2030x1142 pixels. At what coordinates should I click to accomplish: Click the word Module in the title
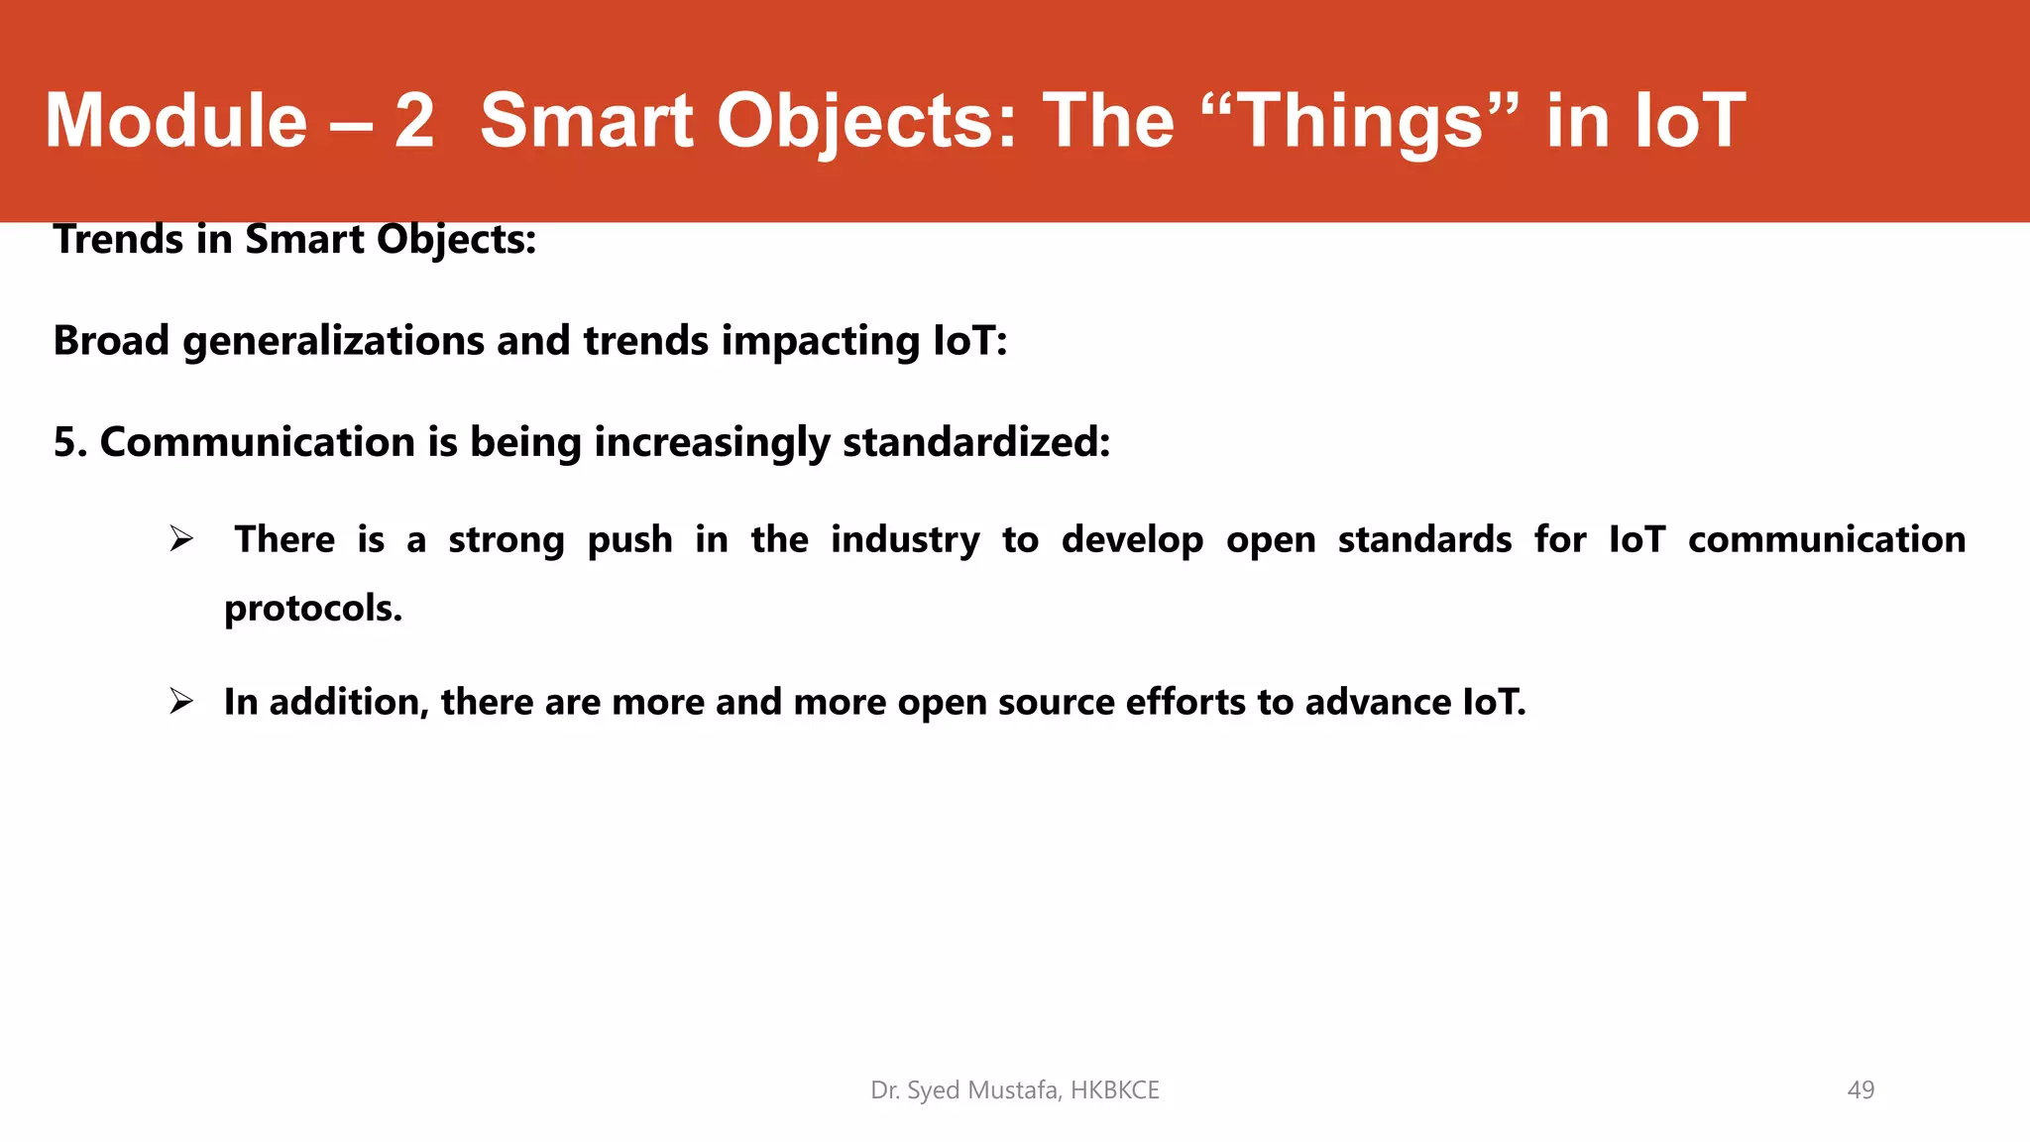176,121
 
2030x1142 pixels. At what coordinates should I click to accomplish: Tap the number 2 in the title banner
414,121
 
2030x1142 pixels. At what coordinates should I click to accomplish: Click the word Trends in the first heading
119,240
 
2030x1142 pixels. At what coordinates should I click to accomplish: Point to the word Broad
111,341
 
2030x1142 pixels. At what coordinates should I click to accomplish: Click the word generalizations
333,341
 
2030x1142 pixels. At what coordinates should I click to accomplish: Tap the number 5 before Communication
65,442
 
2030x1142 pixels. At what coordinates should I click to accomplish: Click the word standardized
975,442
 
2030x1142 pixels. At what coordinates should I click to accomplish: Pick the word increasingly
712,442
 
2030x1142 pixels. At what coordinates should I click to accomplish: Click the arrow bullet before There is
180,540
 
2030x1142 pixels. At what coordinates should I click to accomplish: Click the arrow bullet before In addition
180,702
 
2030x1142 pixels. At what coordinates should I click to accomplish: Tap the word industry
905,540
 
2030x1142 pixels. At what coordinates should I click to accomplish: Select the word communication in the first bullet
1827,540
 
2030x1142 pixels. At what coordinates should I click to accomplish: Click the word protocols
313,609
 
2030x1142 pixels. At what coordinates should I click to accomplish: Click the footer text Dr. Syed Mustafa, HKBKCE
1015,1090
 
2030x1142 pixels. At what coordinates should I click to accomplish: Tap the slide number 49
1861,1090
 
